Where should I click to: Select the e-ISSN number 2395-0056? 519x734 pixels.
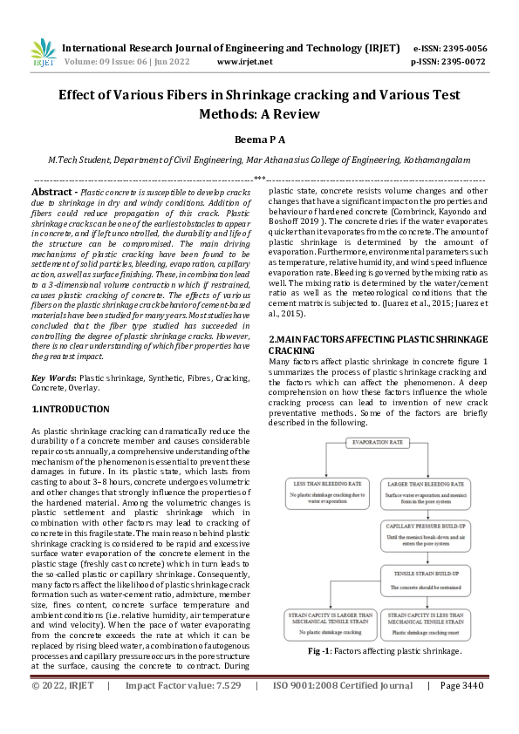pos(462,48)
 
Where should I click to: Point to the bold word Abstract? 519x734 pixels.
pos(52,191)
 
